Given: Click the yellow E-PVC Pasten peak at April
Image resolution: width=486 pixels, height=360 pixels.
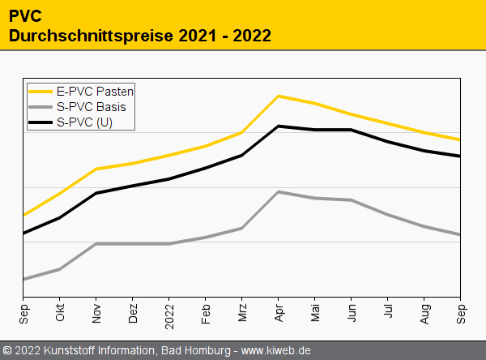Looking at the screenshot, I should [279, 96].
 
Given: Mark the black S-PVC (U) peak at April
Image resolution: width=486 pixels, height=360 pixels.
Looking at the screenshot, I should [279, 126].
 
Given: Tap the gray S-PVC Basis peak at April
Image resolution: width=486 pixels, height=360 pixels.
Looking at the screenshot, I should [279, 191].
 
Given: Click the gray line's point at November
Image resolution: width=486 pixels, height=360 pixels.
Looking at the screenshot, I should [96, 243].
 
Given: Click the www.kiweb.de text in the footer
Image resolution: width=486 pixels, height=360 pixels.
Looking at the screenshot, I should [276, 350].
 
